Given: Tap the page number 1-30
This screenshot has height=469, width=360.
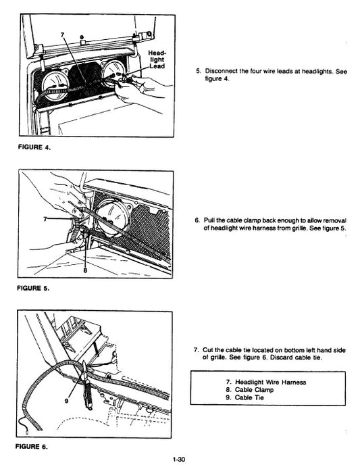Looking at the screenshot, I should click(x=179, y=460).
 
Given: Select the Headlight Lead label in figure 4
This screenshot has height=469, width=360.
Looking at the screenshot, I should click(x=157, y=59).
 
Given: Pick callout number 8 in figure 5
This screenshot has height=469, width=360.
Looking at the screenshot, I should click(x=86, y=270).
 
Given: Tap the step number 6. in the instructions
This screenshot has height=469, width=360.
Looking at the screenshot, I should click(x=197, y=221).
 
